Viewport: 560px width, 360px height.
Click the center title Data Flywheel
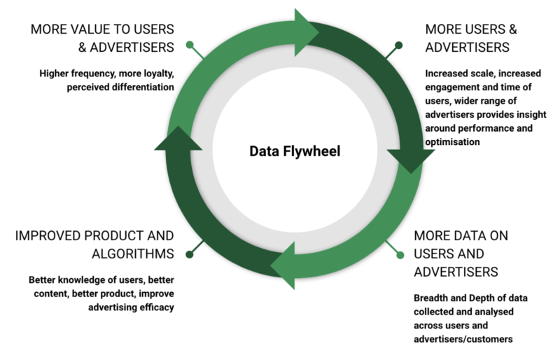click(294, 151)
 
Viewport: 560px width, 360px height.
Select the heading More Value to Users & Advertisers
click(102, 39)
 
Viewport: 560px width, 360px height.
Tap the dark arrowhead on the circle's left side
click(171, 139)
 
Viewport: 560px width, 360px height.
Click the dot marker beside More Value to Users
click(189, 46)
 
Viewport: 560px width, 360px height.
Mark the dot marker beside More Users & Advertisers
click(398, 46)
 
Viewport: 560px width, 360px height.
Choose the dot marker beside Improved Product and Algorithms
click(189, 254)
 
